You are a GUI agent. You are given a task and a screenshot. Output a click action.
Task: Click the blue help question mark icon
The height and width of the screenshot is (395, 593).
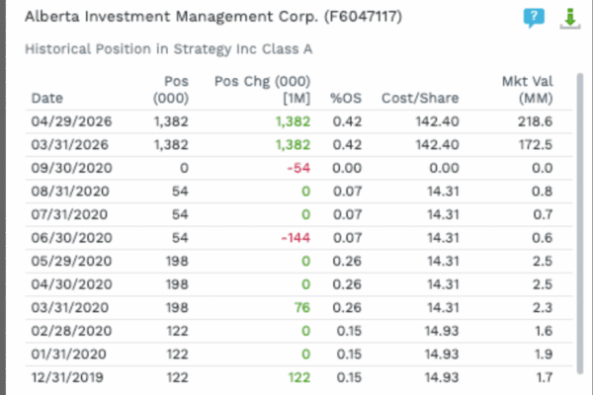pos(534,18)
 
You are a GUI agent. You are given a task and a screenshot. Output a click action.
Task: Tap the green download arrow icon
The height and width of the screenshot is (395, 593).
pos(570,18)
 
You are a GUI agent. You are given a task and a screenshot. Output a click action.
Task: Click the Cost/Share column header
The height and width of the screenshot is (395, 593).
pos(420,99)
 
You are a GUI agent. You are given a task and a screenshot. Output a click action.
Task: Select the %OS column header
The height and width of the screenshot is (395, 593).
pos(346,99)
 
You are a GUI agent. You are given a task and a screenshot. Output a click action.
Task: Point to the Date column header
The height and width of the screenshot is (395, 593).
pos(47,99)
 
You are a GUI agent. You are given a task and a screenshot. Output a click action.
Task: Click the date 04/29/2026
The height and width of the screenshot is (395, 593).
pos(71,121)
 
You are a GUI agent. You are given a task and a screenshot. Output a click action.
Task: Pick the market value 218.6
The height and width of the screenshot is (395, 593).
pos(535,121)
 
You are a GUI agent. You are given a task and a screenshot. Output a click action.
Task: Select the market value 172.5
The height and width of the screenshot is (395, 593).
pos(536,145)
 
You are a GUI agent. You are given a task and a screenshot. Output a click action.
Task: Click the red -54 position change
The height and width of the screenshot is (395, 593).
pos(298,168)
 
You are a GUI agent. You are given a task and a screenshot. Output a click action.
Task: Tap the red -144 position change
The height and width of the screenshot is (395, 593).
pos(296,238)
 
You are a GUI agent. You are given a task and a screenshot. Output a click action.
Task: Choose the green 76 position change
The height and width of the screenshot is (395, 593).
pos(302,308)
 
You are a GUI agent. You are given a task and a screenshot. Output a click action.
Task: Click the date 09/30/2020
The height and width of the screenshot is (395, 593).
pos(71,168)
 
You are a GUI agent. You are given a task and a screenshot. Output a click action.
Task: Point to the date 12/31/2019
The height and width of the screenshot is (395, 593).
pos(67,377)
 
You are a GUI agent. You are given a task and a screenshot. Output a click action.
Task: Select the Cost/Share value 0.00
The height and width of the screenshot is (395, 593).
pos(444,168)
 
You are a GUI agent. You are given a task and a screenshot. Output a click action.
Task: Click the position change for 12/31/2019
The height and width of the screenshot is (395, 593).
pos(299,377)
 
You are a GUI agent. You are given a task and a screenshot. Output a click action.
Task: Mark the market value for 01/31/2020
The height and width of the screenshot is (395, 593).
pos(544,355)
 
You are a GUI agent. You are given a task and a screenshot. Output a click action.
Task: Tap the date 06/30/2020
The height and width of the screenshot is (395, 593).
pos(71,238)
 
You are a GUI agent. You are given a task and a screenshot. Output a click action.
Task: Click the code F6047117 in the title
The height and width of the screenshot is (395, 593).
pos(363,17)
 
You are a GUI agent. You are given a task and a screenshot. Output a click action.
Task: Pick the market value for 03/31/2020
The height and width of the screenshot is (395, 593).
pos(543,308)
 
